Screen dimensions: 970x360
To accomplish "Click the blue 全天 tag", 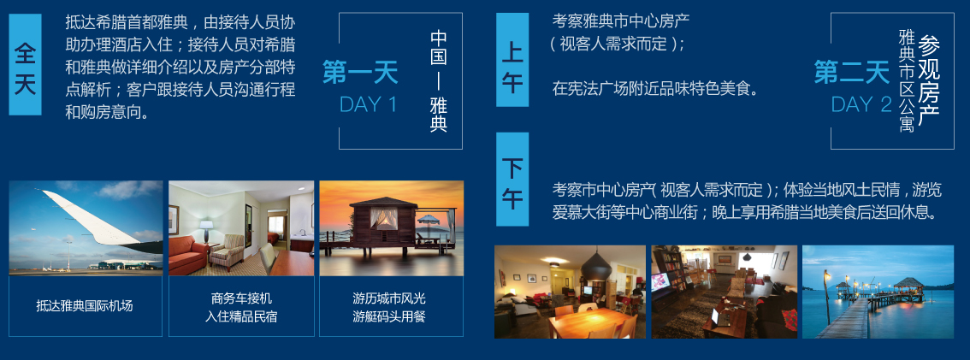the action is click(26, 64).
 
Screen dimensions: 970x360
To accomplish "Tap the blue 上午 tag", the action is click(512, 59).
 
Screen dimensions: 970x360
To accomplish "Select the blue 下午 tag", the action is click(512, 180).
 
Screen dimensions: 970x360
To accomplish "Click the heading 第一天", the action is click(360, 73).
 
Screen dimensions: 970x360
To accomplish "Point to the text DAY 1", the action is click(368, 104).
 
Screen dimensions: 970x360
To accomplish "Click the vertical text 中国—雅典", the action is click(439, 81).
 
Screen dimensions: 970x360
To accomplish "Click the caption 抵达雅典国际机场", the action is click(85, 305).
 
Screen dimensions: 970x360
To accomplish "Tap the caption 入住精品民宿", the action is click(241, 317).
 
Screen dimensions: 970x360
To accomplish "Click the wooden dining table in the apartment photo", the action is click(588, 323).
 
